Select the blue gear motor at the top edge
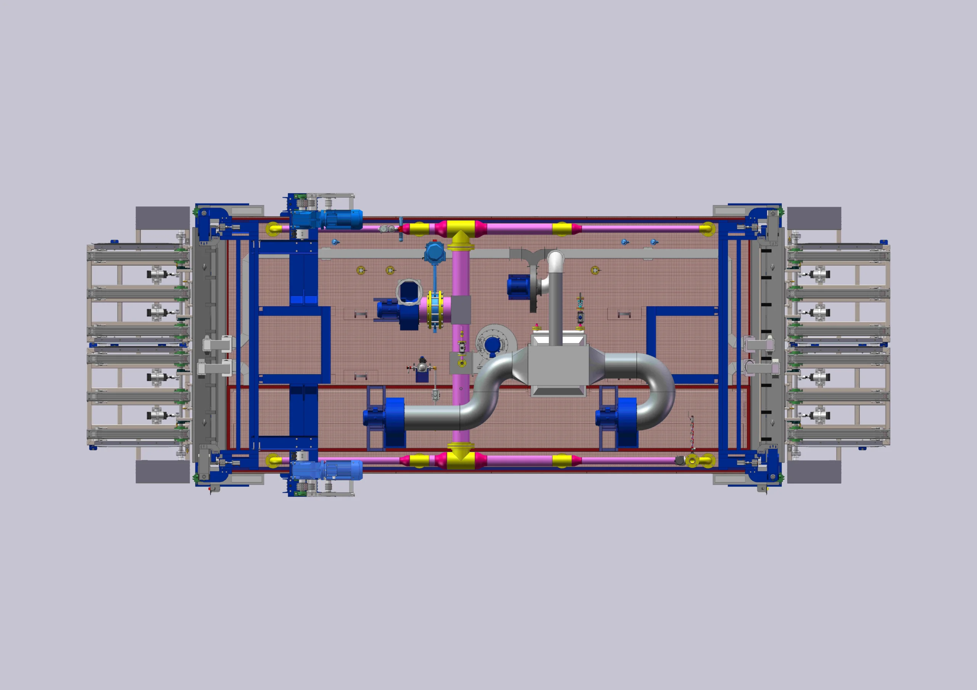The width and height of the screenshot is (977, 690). (327, 219)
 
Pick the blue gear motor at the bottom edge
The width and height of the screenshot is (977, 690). (327, 470)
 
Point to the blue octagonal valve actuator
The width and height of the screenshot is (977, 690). (434, 253)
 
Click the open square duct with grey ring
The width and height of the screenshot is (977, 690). (408, 292)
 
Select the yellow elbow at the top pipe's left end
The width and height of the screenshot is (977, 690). (274, 229)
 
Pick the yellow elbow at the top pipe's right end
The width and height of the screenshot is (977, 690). (707, 229)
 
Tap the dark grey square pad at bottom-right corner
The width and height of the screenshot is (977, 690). (814, 471)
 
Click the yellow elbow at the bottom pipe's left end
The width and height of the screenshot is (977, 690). (273, 460)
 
